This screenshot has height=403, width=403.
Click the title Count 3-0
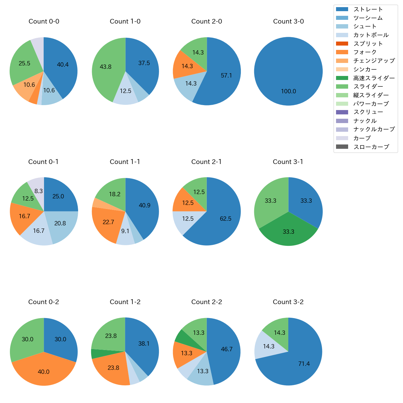(288, 21)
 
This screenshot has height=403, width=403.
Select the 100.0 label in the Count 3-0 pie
(288, 91)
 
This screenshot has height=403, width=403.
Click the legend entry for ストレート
(368, 9)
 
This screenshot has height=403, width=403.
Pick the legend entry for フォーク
(365, 52)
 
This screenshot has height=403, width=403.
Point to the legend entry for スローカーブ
(371, 147)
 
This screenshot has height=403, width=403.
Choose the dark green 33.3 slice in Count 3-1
(288, 232)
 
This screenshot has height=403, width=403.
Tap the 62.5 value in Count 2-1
(226, 219)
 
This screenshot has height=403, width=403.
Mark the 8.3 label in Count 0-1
(38, 191)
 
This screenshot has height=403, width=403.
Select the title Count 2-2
(207, 302)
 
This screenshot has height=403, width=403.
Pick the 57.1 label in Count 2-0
(226, 76)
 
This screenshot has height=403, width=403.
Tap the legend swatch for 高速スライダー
(342, 78)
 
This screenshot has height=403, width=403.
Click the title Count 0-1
(43, 162)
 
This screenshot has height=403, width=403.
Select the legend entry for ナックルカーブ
(374, 129)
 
